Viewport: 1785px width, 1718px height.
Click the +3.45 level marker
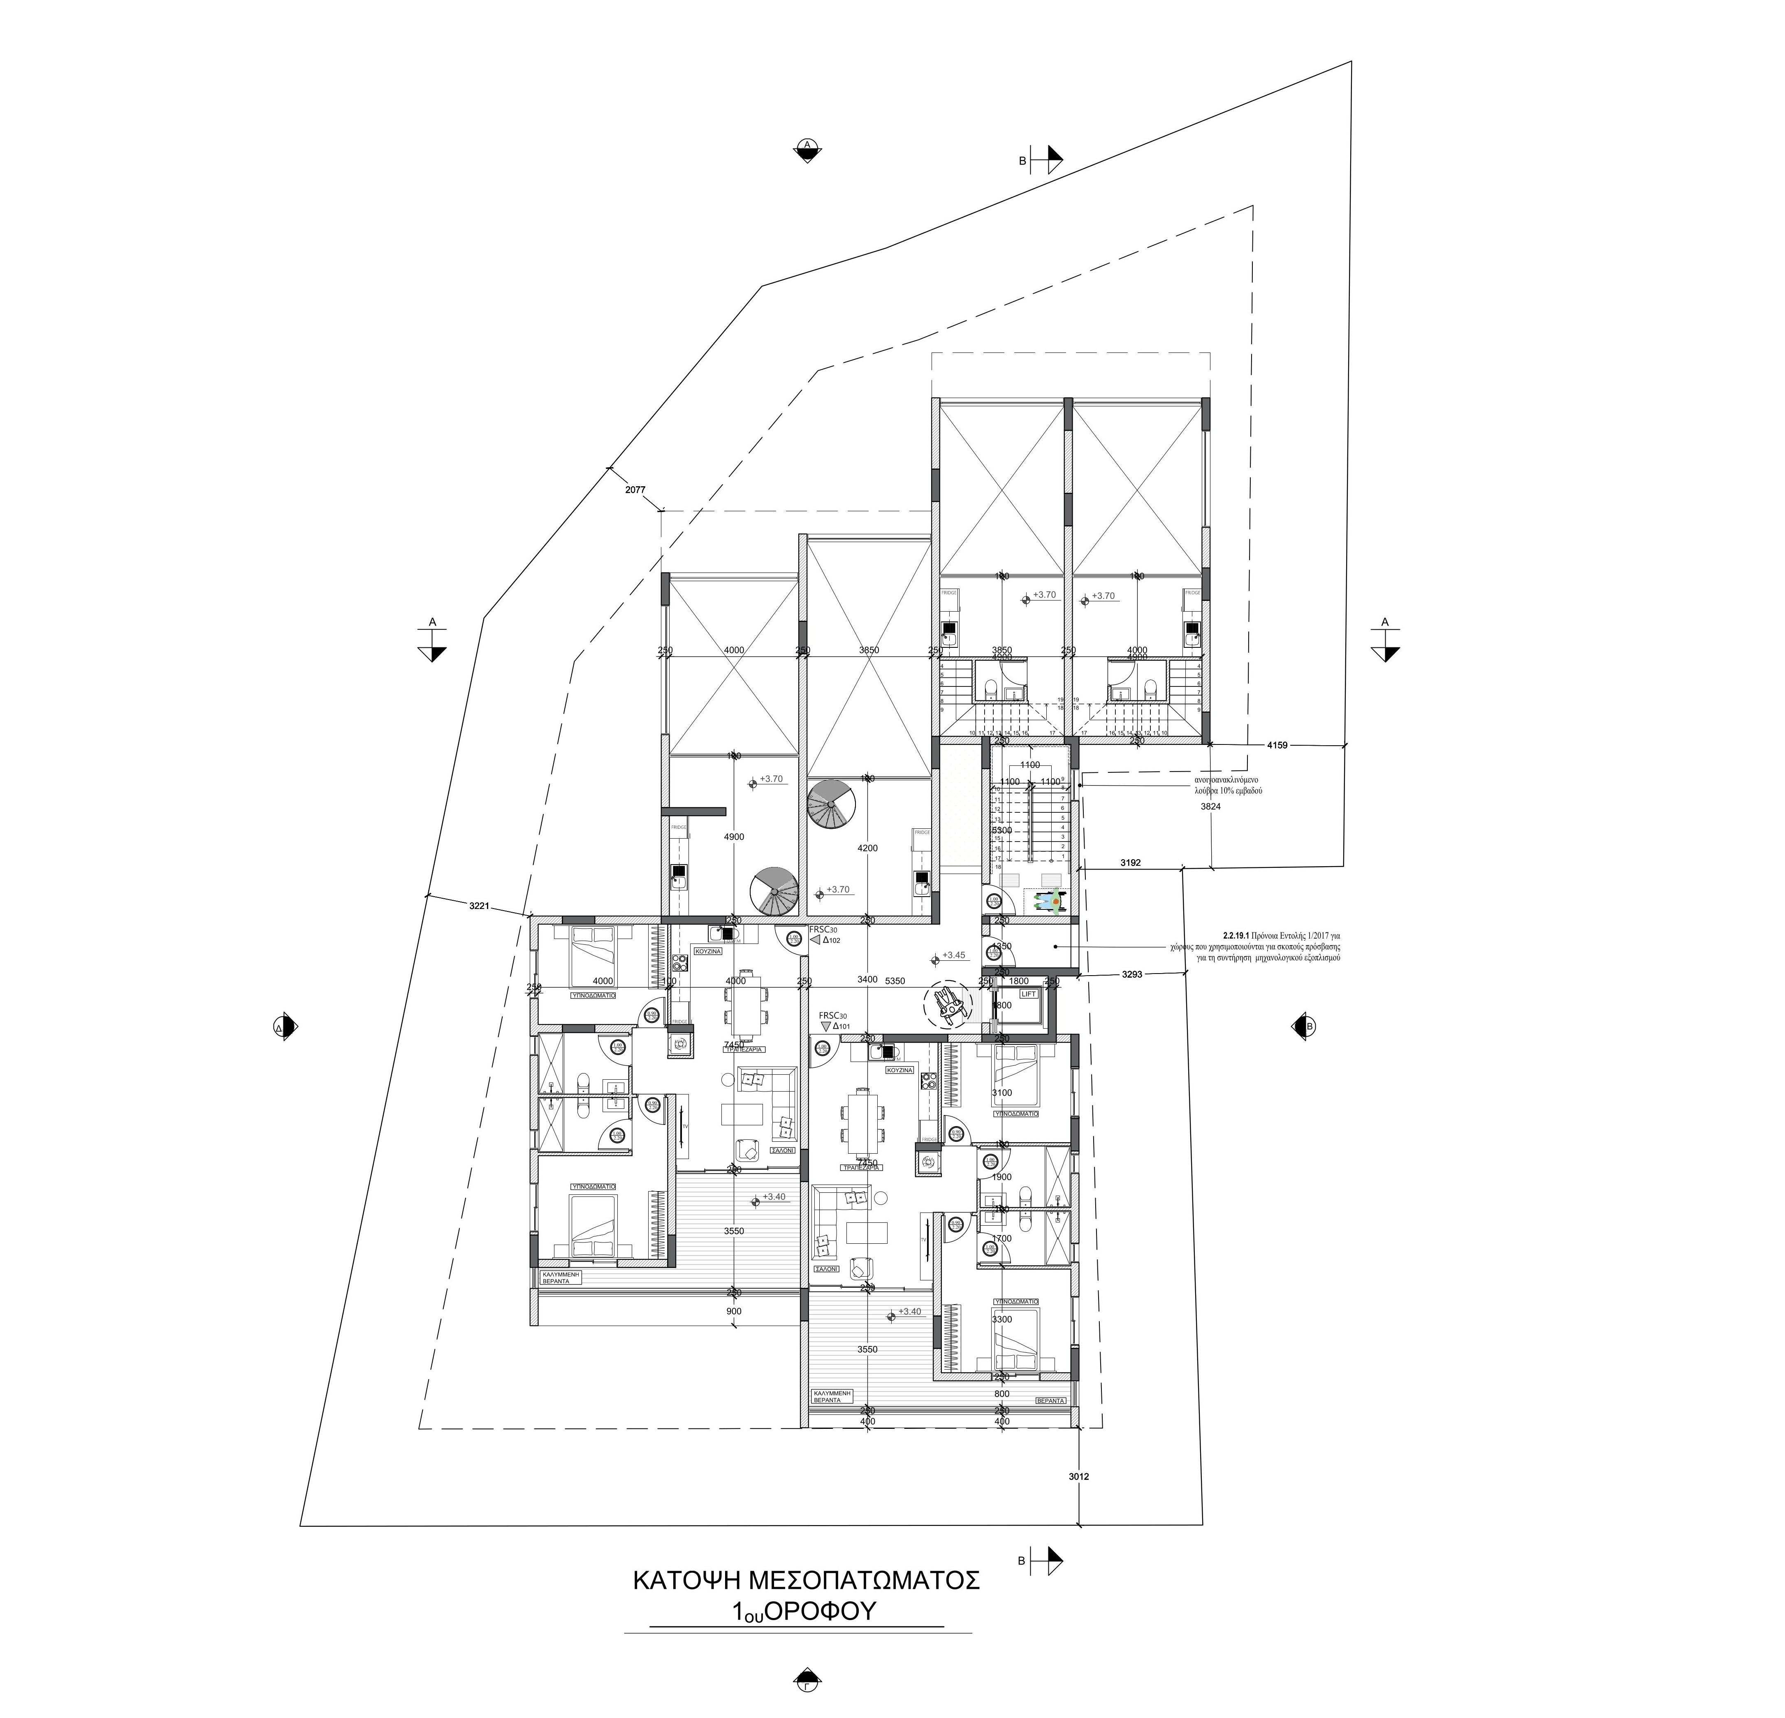[953, 955]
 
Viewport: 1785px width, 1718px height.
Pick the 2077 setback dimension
[635, 490]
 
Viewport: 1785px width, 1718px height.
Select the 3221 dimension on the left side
[479, 905]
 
